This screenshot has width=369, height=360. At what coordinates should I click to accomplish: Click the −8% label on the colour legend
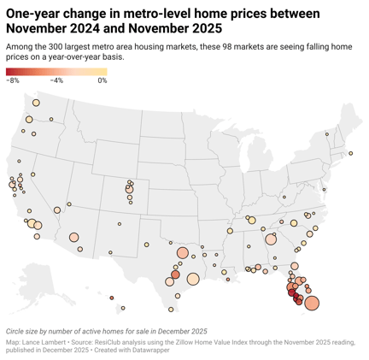13,80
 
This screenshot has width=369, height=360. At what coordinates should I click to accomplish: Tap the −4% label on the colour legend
57,80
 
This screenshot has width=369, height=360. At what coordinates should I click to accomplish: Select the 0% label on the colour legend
102,80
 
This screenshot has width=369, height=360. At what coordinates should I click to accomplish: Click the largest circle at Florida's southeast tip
311,303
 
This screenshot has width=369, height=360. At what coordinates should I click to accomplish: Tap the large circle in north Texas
184,253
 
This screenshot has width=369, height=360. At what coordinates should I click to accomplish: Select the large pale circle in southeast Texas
194,278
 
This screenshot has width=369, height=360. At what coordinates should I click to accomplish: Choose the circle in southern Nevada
57,209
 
